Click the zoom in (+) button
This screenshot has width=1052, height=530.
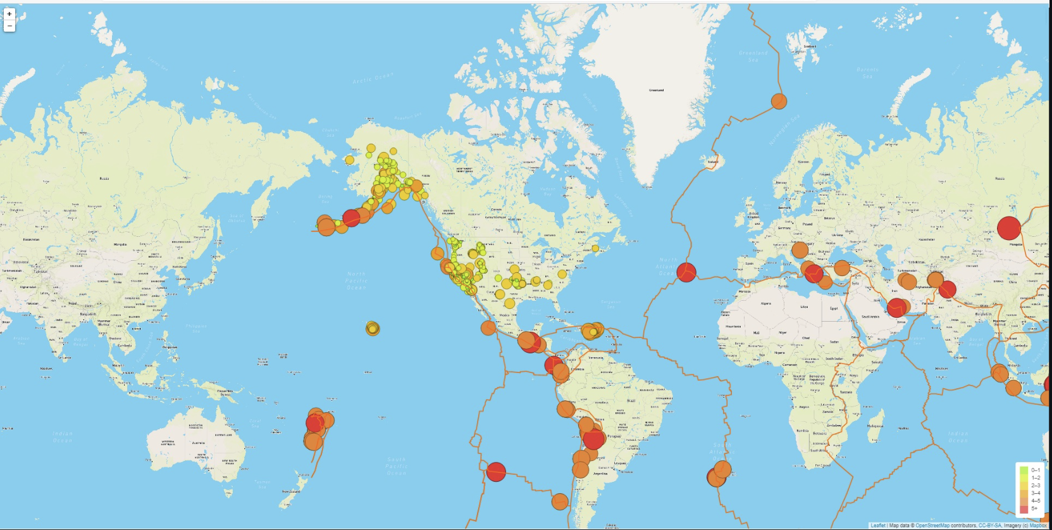click(9, 14)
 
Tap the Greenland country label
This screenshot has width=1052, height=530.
click(656, 90)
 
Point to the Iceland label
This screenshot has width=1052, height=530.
click(713, 162)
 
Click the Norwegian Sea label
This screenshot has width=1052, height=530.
click(784, 130)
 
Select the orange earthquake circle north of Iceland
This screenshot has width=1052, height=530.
click(779, 101)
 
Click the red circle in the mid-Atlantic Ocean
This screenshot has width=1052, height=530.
click(686, 272)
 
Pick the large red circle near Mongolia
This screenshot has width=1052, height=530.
click(1009, 228)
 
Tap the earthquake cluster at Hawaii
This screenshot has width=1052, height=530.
click(373, 328)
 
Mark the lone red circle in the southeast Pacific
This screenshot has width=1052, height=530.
click(496, 472)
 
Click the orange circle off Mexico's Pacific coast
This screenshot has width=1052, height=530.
click(488, 327)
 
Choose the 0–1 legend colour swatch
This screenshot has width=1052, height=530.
click(1024, 470)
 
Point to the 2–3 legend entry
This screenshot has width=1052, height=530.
click(1035, 486)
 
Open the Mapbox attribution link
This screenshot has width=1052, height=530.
click(1037, 526)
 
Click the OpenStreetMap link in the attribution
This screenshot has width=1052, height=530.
click(932, 526)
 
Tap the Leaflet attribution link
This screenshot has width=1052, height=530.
click(877, 526)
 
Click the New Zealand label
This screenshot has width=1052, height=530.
click(291, 491)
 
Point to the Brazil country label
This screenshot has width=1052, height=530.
click(630, 401)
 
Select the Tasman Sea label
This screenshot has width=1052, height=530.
click(262, 483)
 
